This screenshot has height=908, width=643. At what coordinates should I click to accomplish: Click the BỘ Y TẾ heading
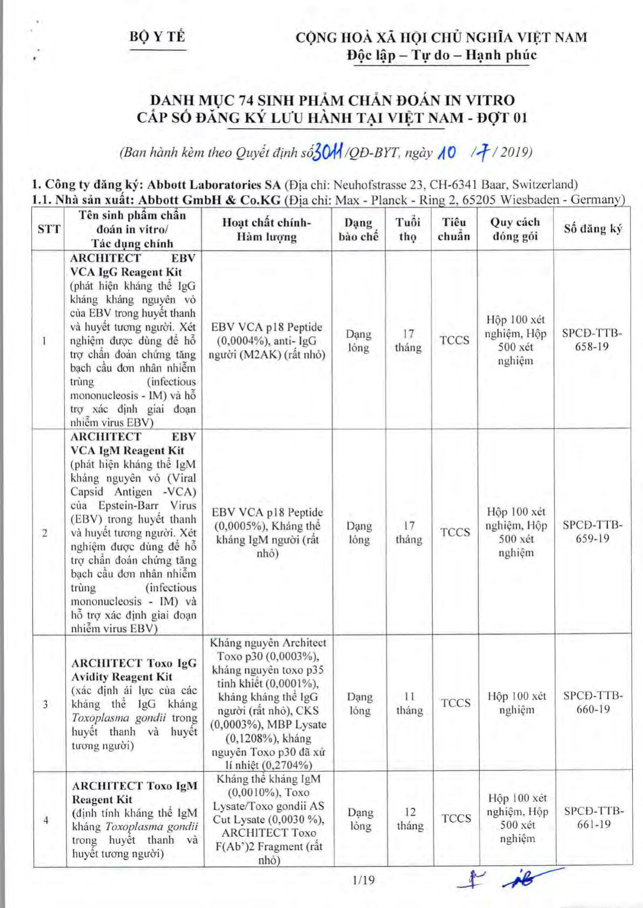click(x=157, y=37)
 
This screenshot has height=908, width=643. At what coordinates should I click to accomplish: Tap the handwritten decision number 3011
click(x=328, y=153)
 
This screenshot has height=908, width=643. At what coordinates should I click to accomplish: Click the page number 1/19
click(x=363, y=880)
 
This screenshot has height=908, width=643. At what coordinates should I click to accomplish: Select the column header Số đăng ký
click(x=593, y=229)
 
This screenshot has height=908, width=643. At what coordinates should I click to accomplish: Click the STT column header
click(x=49, y=229)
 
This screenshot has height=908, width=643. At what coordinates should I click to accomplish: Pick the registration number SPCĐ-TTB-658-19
click(x=592, y=340)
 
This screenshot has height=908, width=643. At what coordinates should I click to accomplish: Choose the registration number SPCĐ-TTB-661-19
click(x=594, y=818)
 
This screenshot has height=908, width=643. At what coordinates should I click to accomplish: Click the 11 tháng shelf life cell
click(x=410, y=703)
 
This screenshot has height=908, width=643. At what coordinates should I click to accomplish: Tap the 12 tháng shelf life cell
click(x=410, y=819)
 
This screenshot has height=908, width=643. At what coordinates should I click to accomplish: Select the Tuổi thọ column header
click(x=408, y=229)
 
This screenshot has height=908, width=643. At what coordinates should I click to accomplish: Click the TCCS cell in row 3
click(x=456, y=703)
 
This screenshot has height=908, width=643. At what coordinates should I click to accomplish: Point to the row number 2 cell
click(x=45, y=533)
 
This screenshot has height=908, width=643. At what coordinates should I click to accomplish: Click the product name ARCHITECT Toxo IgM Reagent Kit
click(x=135, y=792)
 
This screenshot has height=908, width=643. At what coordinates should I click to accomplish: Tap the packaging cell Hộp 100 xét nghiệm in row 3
click(x=517, y=703)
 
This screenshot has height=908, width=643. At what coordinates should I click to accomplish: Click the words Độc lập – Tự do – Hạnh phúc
click(x=441, y=55)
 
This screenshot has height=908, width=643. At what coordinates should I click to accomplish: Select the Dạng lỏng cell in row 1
click(x=358, y=341)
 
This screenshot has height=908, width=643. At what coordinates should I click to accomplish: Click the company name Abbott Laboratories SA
click(x=214, y=185)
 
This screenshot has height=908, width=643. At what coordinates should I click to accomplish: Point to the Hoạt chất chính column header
click(x=266, y=229)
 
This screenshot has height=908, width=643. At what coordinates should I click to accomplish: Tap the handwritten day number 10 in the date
click(x=447, y=153)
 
